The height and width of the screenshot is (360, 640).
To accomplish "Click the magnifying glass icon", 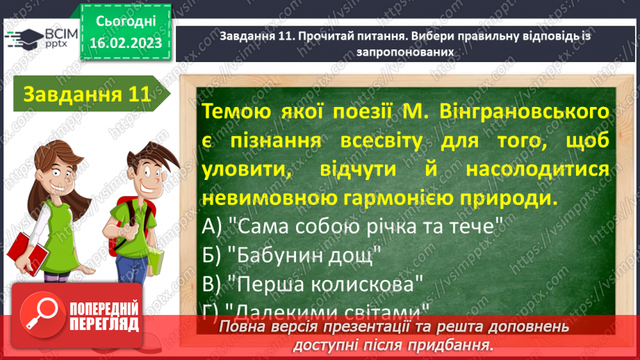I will [41, 325].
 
